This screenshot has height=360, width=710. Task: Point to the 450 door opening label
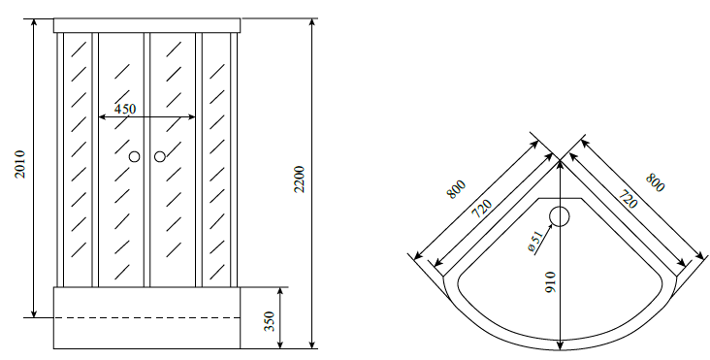pos(125,109)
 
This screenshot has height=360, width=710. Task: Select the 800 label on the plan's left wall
pos(456,188)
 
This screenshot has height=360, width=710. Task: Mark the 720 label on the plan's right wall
pos(628,202)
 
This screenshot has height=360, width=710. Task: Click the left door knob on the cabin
pos(135,156)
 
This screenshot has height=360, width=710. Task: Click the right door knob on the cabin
pos(159,156)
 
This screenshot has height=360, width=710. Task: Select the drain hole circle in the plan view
pos(560,215)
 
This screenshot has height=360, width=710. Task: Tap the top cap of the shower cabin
pos(146,24)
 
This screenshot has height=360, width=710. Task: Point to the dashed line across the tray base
pos(146,317)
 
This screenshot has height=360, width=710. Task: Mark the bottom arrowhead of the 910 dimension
pos(561,346)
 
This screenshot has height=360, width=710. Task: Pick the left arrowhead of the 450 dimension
pos(101,118)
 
